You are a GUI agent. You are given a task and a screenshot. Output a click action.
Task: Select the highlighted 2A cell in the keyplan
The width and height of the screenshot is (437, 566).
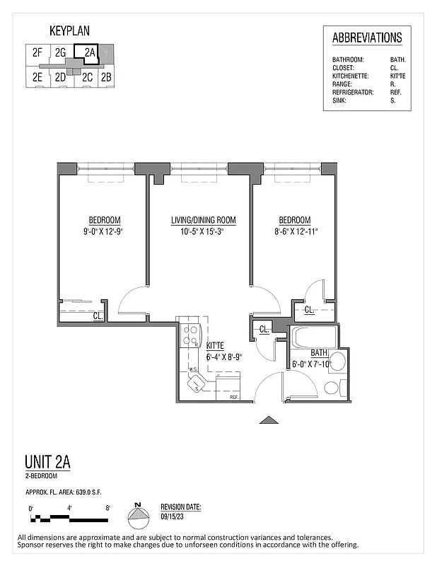pos(88,52)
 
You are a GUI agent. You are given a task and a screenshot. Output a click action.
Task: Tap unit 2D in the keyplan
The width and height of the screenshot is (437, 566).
pos(61,77)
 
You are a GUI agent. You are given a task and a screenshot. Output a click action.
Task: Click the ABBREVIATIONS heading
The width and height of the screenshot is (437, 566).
pos(367,38)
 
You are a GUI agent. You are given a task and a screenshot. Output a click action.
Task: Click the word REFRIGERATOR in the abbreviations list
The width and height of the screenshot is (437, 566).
pos(353,91)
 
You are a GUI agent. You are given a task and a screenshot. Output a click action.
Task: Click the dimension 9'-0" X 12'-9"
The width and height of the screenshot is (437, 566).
pos(104,231)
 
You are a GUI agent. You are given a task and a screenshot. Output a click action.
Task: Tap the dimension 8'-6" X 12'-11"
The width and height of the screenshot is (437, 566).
pos(294,231)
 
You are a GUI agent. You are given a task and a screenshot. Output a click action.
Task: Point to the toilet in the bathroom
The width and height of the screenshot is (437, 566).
pos(330,387)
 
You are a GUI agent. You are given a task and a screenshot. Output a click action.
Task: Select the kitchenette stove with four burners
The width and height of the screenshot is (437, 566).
pos(190,335)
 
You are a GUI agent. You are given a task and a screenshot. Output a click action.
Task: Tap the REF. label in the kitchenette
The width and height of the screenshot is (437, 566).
pos(233,398)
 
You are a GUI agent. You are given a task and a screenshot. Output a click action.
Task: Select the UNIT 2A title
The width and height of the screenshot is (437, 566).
pos(47,463)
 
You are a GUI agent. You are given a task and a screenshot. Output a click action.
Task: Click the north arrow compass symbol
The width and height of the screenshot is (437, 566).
pos(139,518)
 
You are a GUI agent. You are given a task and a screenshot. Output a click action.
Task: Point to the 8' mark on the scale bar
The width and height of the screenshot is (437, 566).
pos(107,508)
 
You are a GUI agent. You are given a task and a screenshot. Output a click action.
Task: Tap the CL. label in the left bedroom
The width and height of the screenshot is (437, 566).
pos(98,316)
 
